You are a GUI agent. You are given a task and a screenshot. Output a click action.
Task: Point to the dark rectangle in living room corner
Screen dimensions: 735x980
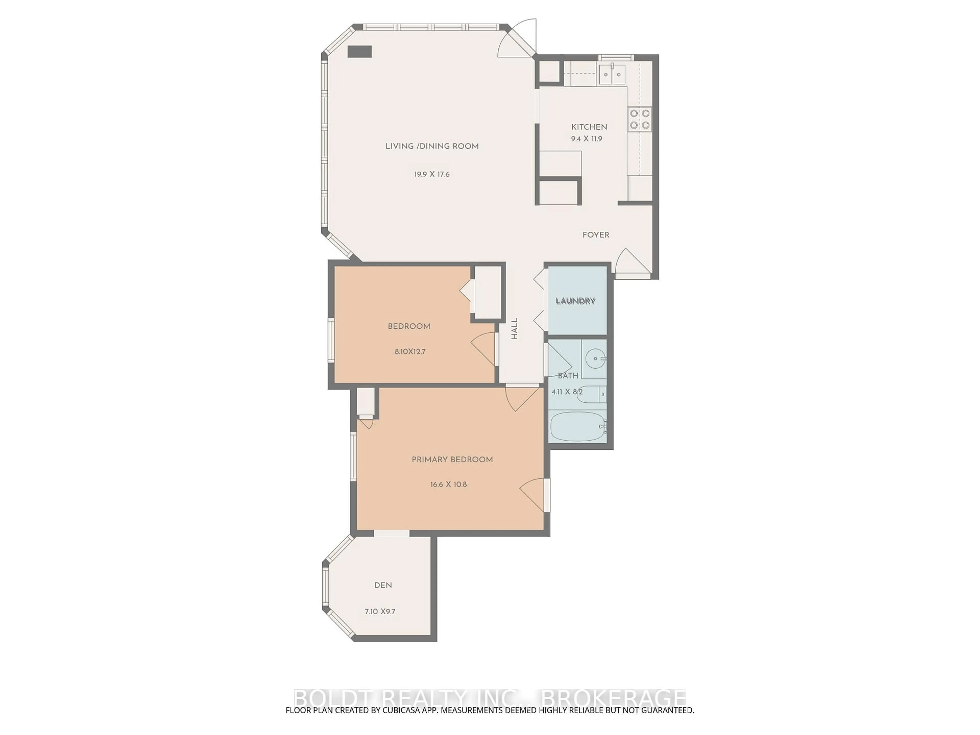(x=359, y=52)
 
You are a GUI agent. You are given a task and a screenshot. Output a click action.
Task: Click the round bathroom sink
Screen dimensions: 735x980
(x=595, y=358)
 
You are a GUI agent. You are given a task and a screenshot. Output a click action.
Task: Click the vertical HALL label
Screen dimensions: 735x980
(x=514, y=329)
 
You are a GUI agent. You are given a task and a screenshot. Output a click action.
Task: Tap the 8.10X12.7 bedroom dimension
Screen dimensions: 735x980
(x=410, y=352)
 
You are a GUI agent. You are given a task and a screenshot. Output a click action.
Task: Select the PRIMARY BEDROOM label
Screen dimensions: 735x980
(x=452, y=460)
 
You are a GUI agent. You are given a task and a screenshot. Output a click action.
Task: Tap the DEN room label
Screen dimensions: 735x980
(x=383, y=585)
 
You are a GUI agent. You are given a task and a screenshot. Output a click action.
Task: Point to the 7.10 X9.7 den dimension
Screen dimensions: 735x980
(x=380, y=611)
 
